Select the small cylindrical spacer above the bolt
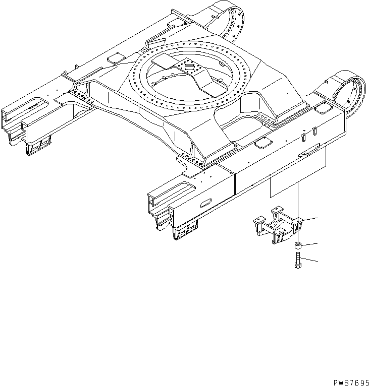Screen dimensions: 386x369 [298, 246]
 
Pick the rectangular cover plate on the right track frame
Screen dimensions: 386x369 [261, 144]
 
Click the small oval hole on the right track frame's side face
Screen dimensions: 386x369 [207, 203]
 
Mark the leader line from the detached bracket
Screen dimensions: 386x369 [310, 219]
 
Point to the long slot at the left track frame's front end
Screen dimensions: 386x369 [29, 105]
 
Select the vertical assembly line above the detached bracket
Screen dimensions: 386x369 [298, 202]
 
